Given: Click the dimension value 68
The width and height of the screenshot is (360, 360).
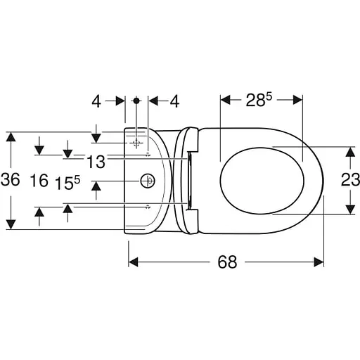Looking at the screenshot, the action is (227, 262).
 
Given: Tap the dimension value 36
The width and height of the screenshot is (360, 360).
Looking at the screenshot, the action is (11, 180).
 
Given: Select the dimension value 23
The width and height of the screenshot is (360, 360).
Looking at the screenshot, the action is (350, 180).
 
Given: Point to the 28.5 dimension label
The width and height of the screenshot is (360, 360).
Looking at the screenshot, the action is (259, 100).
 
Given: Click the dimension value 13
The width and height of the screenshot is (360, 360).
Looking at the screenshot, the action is (96, 162).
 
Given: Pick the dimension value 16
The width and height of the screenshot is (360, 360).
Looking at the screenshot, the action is (39, 180).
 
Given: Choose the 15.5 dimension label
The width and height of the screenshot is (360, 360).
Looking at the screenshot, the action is (67, 183).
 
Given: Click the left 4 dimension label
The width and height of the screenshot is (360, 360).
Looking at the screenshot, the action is (96, 101).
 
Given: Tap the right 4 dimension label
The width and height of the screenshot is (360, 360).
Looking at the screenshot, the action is (174, 101).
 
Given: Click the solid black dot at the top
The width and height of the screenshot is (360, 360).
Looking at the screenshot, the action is (136, 101).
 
